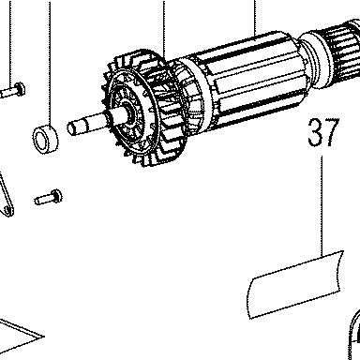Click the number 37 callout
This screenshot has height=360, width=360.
323,132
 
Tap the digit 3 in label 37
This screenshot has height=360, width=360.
315,132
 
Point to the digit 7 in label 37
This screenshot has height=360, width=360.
332,132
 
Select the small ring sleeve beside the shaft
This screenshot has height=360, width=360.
46,139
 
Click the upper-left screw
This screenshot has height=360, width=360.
12,90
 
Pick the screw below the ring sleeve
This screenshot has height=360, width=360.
48,198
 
